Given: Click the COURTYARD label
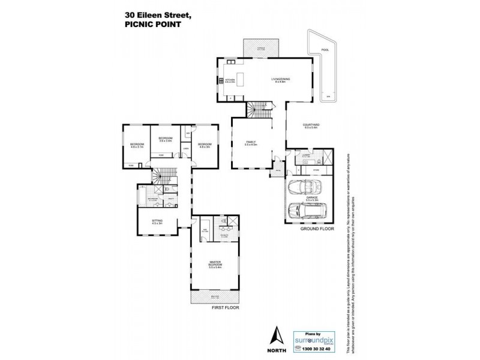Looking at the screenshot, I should [311, 125].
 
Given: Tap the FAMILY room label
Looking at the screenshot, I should [251, 143].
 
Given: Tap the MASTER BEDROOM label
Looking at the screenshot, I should [215, 265].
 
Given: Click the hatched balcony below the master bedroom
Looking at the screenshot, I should [215, 298].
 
